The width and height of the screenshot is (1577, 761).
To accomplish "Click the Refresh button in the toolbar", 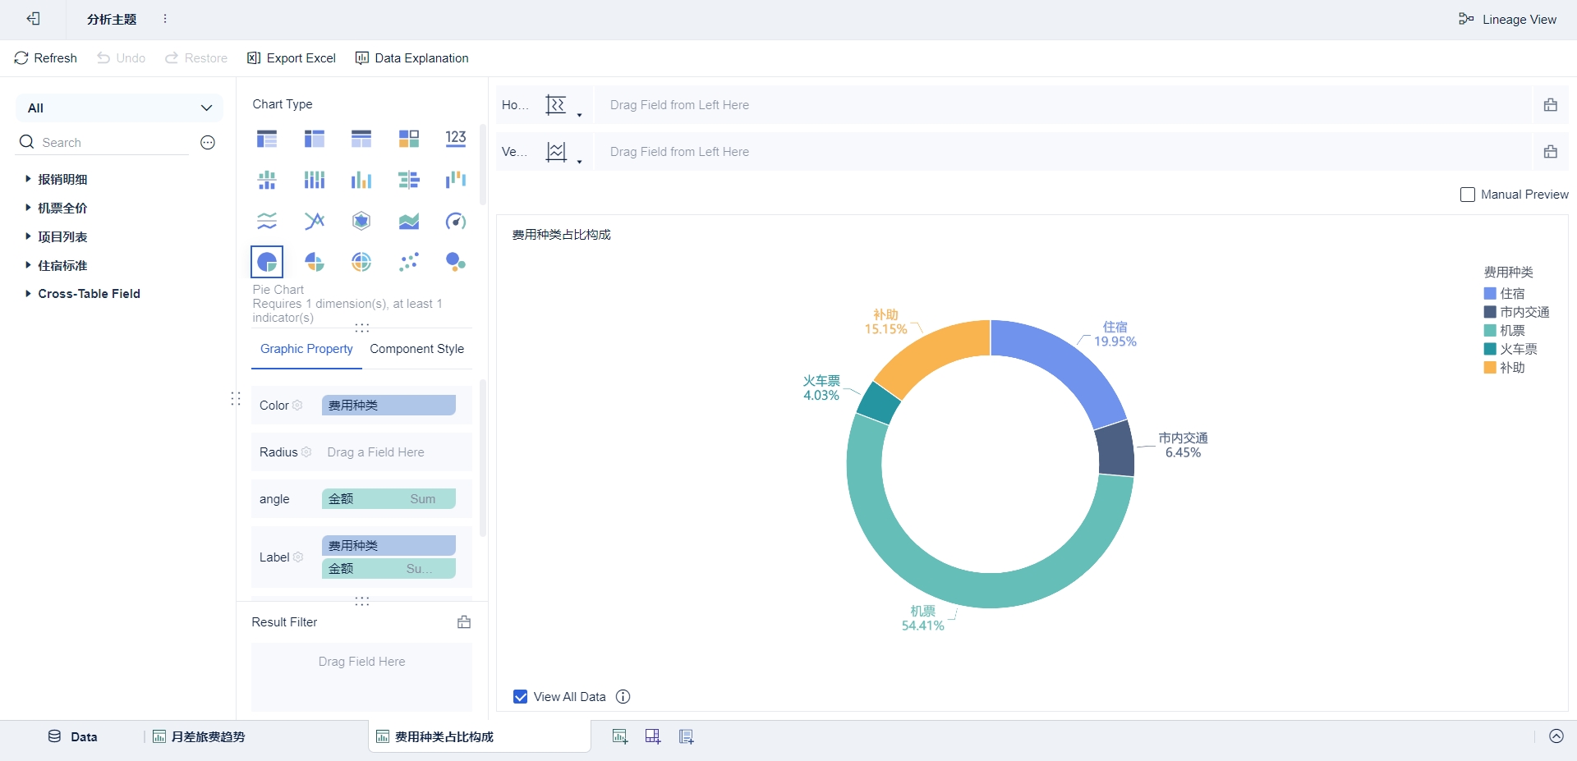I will click(46, 58).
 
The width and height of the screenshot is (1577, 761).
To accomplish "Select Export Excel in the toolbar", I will click(292, 58).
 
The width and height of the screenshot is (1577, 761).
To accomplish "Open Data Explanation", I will click(411, 58).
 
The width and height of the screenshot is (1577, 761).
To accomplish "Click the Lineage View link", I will click(1507, 20).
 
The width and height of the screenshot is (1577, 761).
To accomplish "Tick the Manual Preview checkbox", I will click(1468, 195).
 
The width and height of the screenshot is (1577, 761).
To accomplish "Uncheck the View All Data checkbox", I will click(521, 697).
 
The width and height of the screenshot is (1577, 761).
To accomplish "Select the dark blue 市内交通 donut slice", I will click(1115, 449).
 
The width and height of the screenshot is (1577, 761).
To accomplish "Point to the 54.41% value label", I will click(922, 626).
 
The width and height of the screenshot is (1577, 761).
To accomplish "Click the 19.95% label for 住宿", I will click(1115, 342).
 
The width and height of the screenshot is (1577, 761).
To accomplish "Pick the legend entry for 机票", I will click(1511, 331).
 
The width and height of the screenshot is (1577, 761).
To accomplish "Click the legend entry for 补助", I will click(1511, 368).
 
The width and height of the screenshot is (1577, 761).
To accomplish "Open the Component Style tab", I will click(416, 349).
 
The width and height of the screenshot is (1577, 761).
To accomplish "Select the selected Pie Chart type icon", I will click(267, 262).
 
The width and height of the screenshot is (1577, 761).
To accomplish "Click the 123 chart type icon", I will click(456, 139).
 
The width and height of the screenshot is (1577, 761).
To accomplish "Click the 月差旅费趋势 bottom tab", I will click(207, 737).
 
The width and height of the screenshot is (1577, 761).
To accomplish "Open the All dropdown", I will click(119, 108).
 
